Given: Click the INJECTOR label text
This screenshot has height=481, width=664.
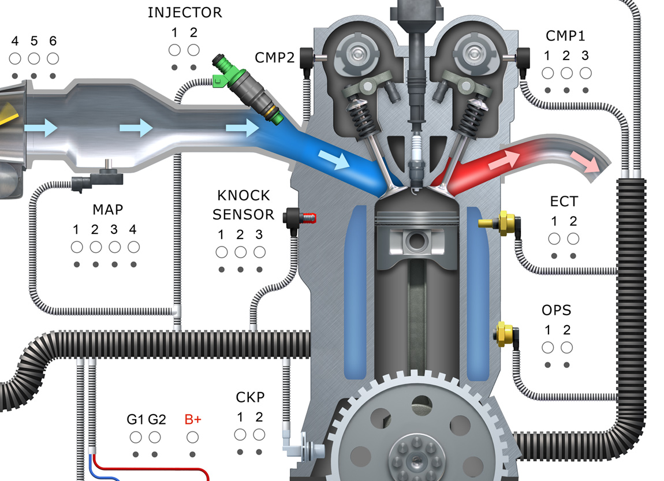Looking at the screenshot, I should (x=184, y=12).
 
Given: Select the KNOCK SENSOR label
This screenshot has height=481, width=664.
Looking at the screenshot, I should (x=243, y=205).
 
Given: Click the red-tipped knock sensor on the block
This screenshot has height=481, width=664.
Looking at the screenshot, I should (x=300, y=218).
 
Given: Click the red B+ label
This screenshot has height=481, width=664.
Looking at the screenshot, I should (x=192, y=420).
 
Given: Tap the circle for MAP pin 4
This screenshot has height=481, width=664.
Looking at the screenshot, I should (x=133, y=247).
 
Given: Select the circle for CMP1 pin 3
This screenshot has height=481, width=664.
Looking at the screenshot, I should (x=585, y=73).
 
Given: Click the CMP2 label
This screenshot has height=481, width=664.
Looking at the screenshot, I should (x=274, y=57).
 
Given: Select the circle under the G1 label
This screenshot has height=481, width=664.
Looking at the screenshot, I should (x=136, y=437).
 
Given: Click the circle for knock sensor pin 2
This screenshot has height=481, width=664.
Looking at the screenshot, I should (x=240, y=252).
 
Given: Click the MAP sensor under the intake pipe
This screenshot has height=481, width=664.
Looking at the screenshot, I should (x=104, y=176).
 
